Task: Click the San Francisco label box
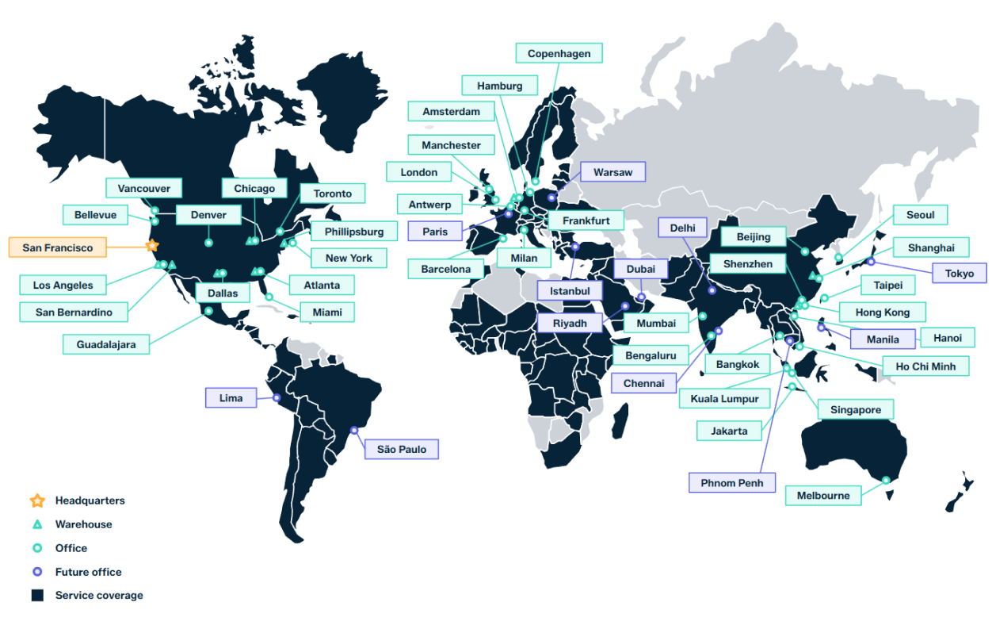(58, 247)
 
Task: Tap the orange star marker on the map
(152, 246)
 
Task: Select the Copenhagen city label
(559, 54)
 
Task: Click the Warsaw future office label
(612, 172)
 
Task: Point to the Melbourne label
(823, 496)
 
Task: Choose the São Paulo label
(401, 450)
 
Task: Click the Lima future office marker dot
(277, 397)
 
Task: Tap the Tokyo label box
(959, 274)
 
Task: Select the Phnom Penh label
(731, 483)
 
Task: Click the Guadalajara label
(106, 344)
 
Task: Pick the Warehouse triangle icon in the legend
(36, 524)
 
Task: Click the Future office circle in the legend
(36, 572)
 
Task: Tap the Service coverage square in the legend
(36, 596)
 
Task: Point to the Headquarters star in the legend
(36, 500)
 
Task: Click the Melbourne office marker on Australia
(886, 480)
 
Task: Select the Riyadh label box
(570, 324)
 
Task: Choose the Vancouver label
(144, 188)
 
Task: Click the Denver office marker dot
(209, 242)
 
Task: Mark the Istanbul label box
(570, 291)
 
